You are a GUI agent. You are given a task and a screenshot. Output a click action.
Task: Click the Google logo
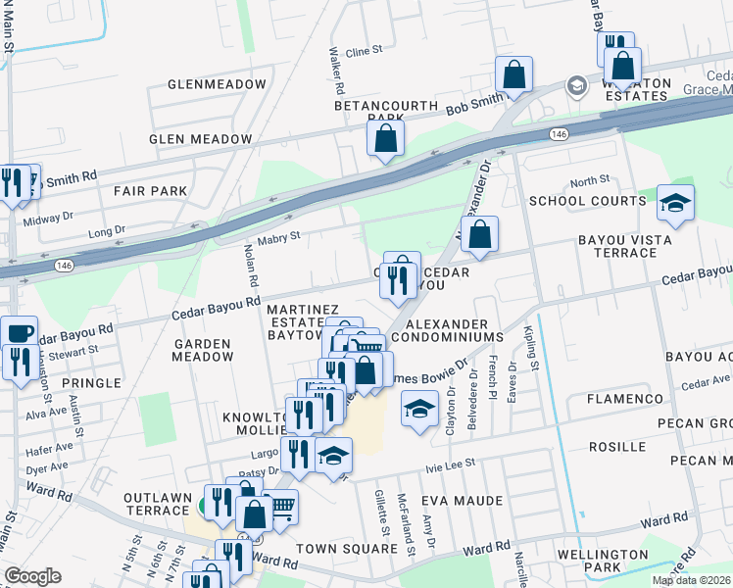click(x=32, y=576)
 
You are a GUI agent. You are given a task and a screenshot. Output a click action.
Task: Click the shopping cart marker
click(x=281, y=507)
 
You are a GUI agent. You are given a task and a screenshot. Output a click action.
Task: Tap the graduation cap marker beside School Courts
click(x=675, y=203)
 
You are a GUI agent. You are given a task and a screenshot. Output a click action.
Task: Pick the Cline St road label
click(x=363, y=51)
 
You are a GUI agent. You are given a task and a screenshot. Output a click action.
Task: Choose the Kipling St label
click(x=531, y=348)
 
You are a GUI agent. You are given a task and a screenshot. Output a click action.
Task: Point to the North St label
click(x=590, y=181)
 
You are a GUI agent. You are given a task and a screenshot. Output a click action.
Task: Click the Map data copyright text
click(x=691, y=580)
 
